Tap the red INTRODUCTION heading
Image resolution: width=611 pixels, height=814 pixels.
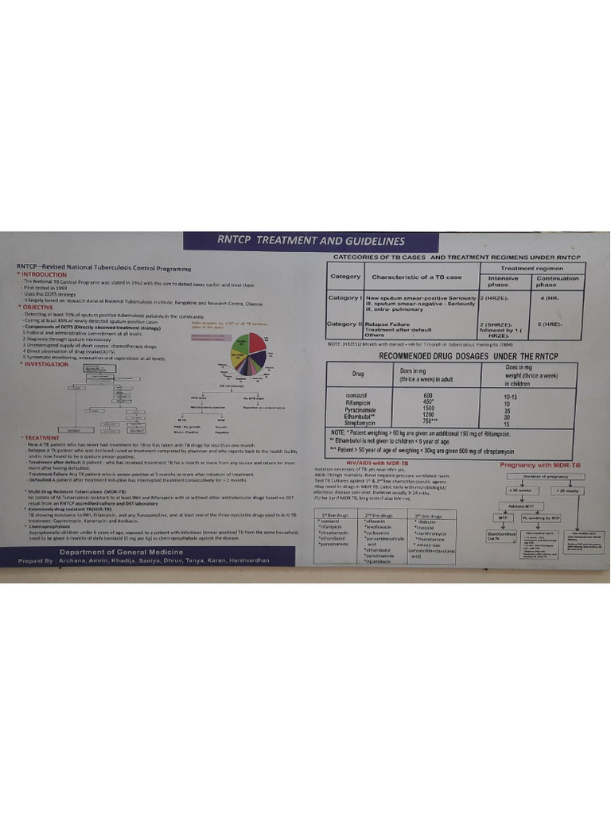[47, 274]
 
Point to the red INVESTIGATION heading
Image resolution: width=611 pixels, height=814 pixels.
[48, 364]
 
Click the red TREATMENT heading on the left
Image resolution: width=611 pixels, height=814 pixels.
[41, 437]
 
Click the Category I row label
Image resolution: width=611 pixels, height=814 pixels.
[345, 297]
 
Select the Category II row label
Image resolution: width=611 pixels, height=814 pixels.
[346, 324]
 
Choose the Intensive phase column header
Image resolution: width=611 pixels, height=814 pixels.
[503, 281]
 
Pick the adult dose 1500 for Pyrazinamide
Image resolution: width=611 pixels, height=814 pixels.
[428, 408]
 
